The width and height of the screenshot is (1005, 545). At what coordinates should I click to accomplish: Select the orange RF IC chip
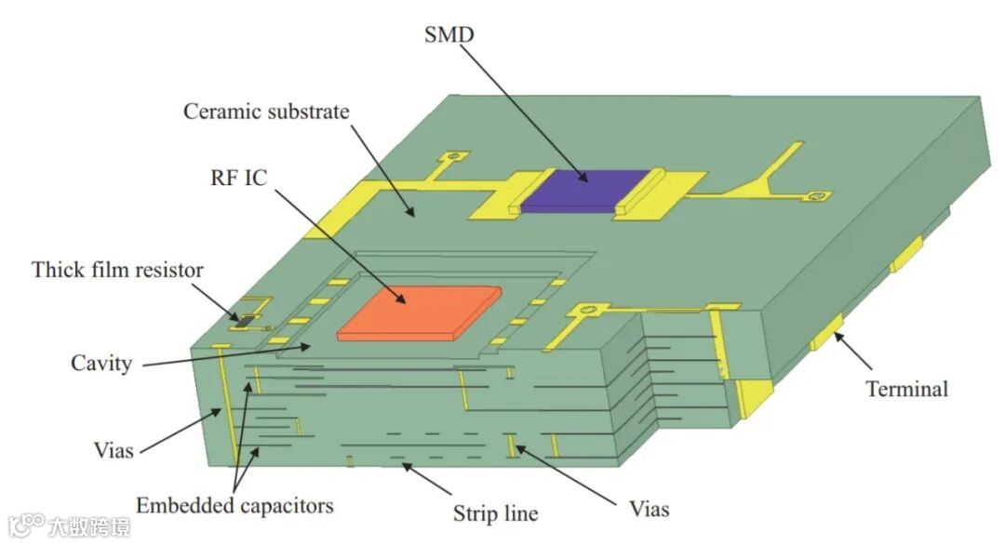(x=419, y=312)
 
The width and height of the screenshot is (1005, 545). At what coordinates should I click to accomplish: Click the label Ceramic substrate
(x=266, y=112)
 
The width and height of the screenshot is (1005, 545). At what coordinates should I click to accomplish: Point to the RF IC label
(x=237, y=178)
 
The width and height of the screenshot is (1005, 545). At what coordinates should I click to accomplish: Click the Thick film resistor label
(x=117, y=271)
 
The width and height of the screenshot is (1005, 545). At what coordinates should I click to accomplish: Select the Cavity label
(x=101, y=363)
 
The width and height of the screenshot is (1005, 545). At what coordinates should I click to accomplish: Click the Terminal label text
(x=906, y=389)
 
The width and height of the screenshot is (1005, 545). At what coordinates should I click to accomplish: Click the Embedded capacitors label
(x=234, y=506)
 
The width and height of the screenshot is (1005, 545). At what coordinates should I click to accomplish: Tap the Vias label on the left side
(x=113, y=451)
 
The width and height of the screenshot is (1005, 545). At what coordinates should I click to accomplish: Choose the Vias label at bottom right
(x=648, y=509)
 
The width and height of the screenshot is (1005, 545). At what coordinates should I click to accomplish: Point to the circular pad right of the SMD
(x=817, y=196)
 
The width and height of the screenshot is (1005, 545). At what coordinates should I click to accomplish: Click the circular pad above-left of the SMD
(x=454, y=157)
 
